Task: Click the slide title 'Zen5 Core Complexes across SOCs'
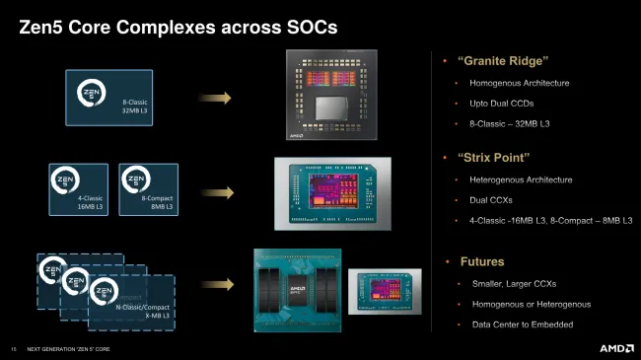point(178,28)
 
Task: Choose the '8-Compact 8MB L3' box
point(148,189)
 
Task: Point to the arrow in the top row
point(213,97)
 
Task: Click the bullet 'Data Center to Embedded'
point(523,324)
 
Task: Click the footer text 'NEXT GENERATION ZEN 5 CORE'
point(68,349)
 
